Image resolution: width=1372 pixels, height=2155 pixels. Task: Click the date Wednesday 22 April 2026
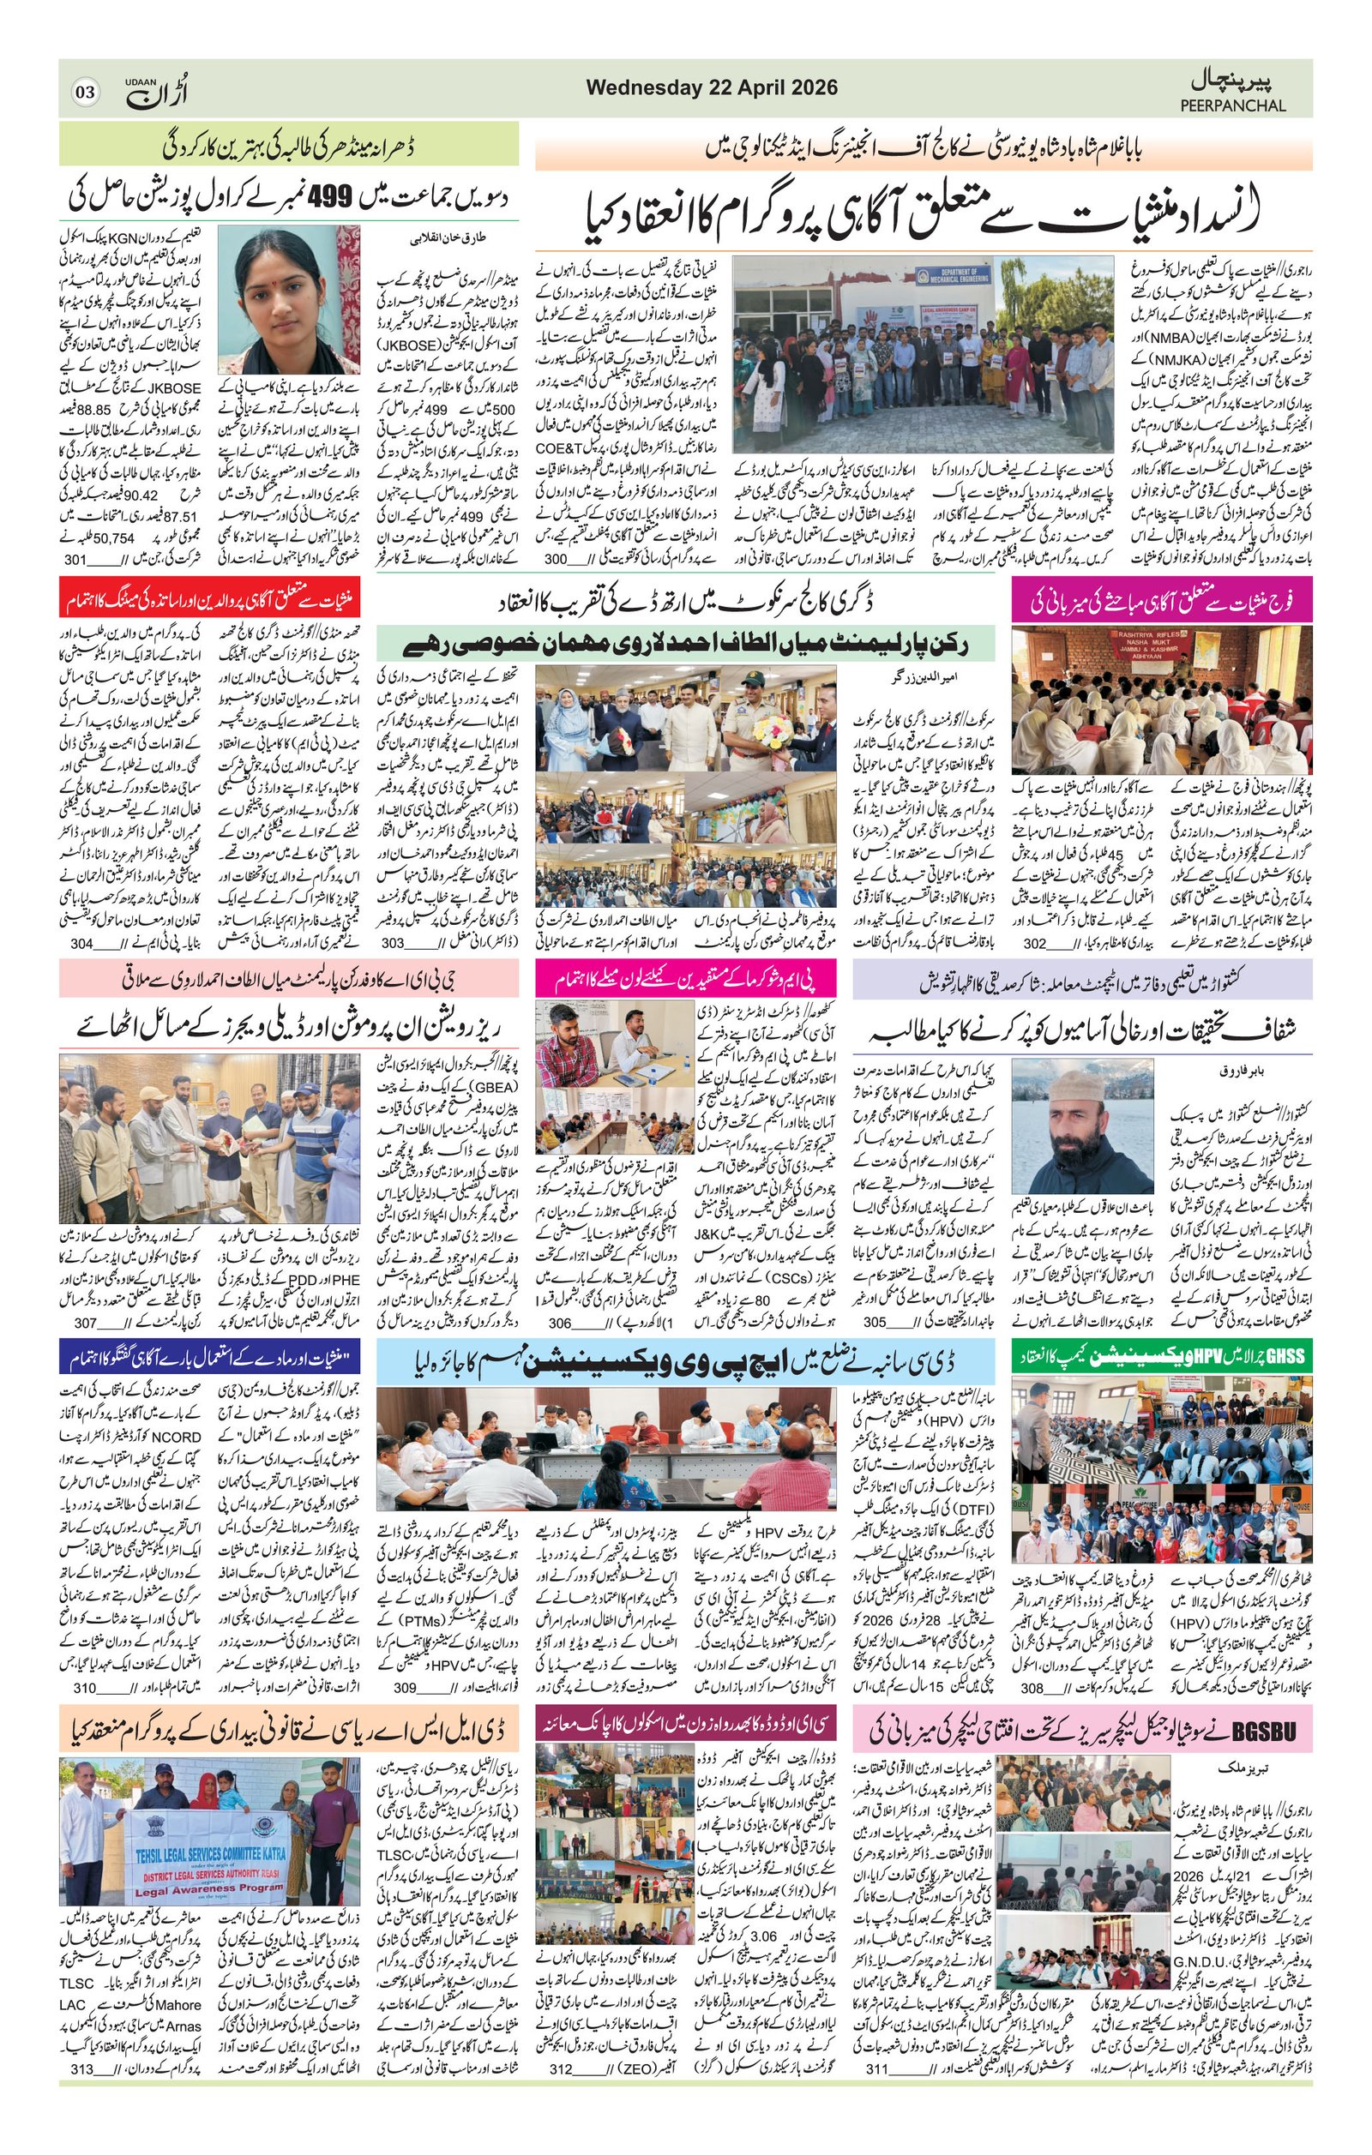[712, 87]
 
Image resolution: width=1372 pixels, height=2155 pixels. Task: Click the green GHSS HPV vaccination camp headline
[1163, 1357]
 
